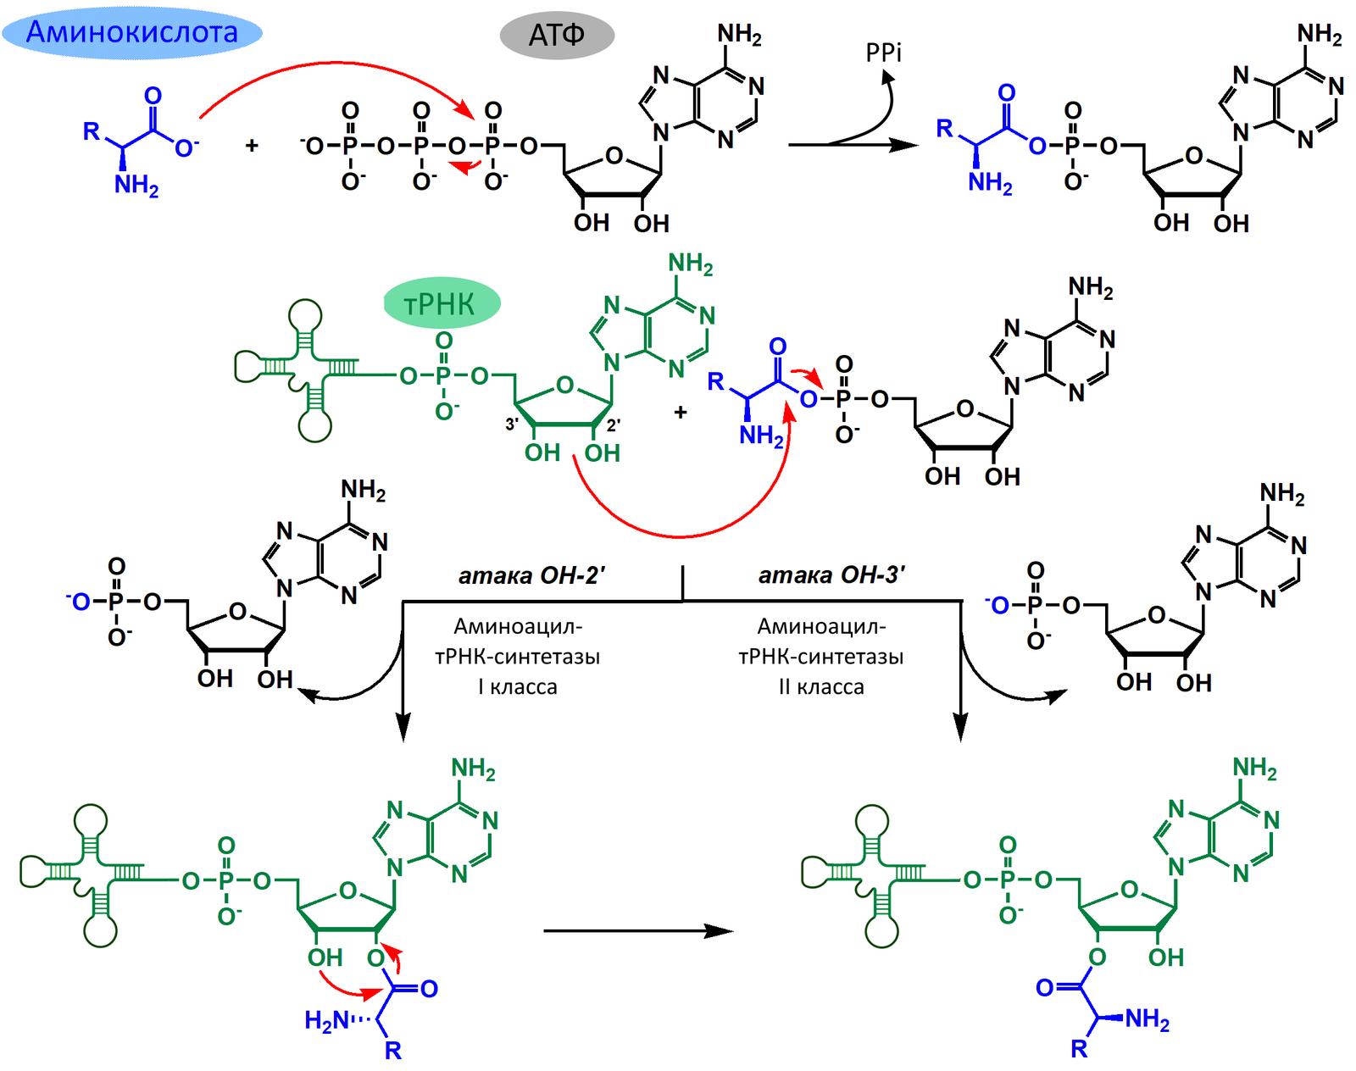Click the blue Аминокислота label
click(x=131, y=32)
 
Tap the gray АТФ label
click(x=557, y=35)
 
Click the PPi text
click(x=883, y=53)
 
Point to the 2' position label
click(x=613, y=426)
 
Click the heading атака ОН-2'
click(x=531, y=576)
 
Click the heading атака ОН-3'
click(x=831, y=575)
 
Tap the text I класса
click(x=517, y=686)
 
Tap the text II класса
click(x=821, y=686)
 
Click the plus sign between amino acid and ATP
click(x=252, y=146)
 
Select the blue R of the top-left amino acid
click(x=92, y=131)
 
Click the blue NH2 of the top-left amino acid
click(x=136, y=186)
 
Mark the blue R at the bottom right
click(x=1080, y=1049)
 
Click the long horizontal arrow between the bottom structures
click(x=638, y=930)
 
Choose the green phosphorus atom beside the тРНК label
click(x=443, y=376)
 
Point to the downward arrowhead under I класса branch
click(x=403, y=728)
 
